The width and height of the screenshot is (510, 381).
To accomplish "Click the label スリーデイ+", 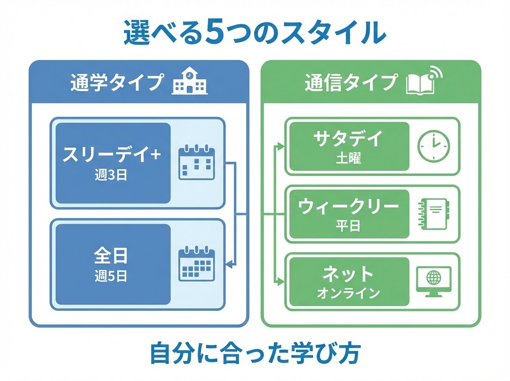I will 112,155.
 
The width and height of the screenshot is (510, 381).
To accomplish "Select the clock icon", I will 433,145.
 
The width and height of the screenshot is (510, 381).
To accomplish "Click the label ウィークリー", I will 348,207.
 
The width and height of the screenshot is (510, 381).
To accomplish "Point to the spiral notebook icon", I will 433,214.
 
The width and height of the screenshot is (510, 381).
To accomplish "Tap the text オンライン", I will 348,293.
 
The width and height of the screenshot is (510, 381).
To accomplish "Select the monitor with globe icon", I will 433,281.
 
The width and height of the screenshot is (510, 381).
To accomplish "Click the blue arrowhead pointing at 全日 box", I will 228,265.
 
